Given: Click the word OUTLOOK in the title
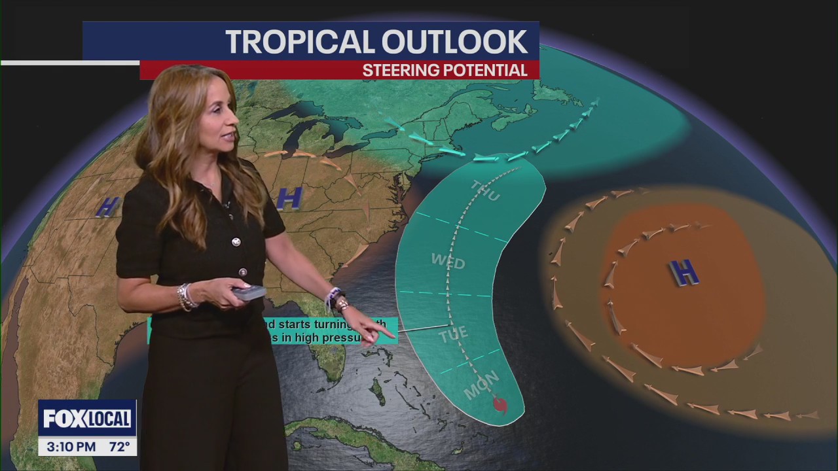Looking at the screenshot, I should point(456,43).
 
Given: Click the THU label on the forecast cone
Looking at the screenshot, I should point(486,190).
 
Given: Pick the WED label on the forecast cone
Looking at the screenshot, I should point(448,262).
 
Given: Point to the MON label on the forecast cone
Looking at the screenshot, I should point(482,385).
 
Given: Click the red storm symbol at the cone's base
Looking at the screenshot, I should point(500,406).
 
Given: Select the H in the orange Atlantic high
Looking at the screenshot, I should point(684,271).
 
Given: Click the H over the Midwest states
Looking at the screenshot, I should point(289,198).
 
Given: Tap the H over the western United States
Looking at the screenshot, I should point(107,207).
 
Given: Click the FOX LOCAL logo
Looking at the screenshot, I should point(87,419).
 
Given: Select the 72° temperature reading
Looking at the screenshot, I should point(118,447).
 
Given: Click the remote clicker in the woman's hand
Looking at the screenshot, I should point(249,293).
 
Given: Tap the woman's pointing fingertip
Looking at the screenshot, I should point(393,336).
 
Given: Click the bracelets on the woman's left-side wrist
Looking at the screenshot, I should point(187,296).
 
